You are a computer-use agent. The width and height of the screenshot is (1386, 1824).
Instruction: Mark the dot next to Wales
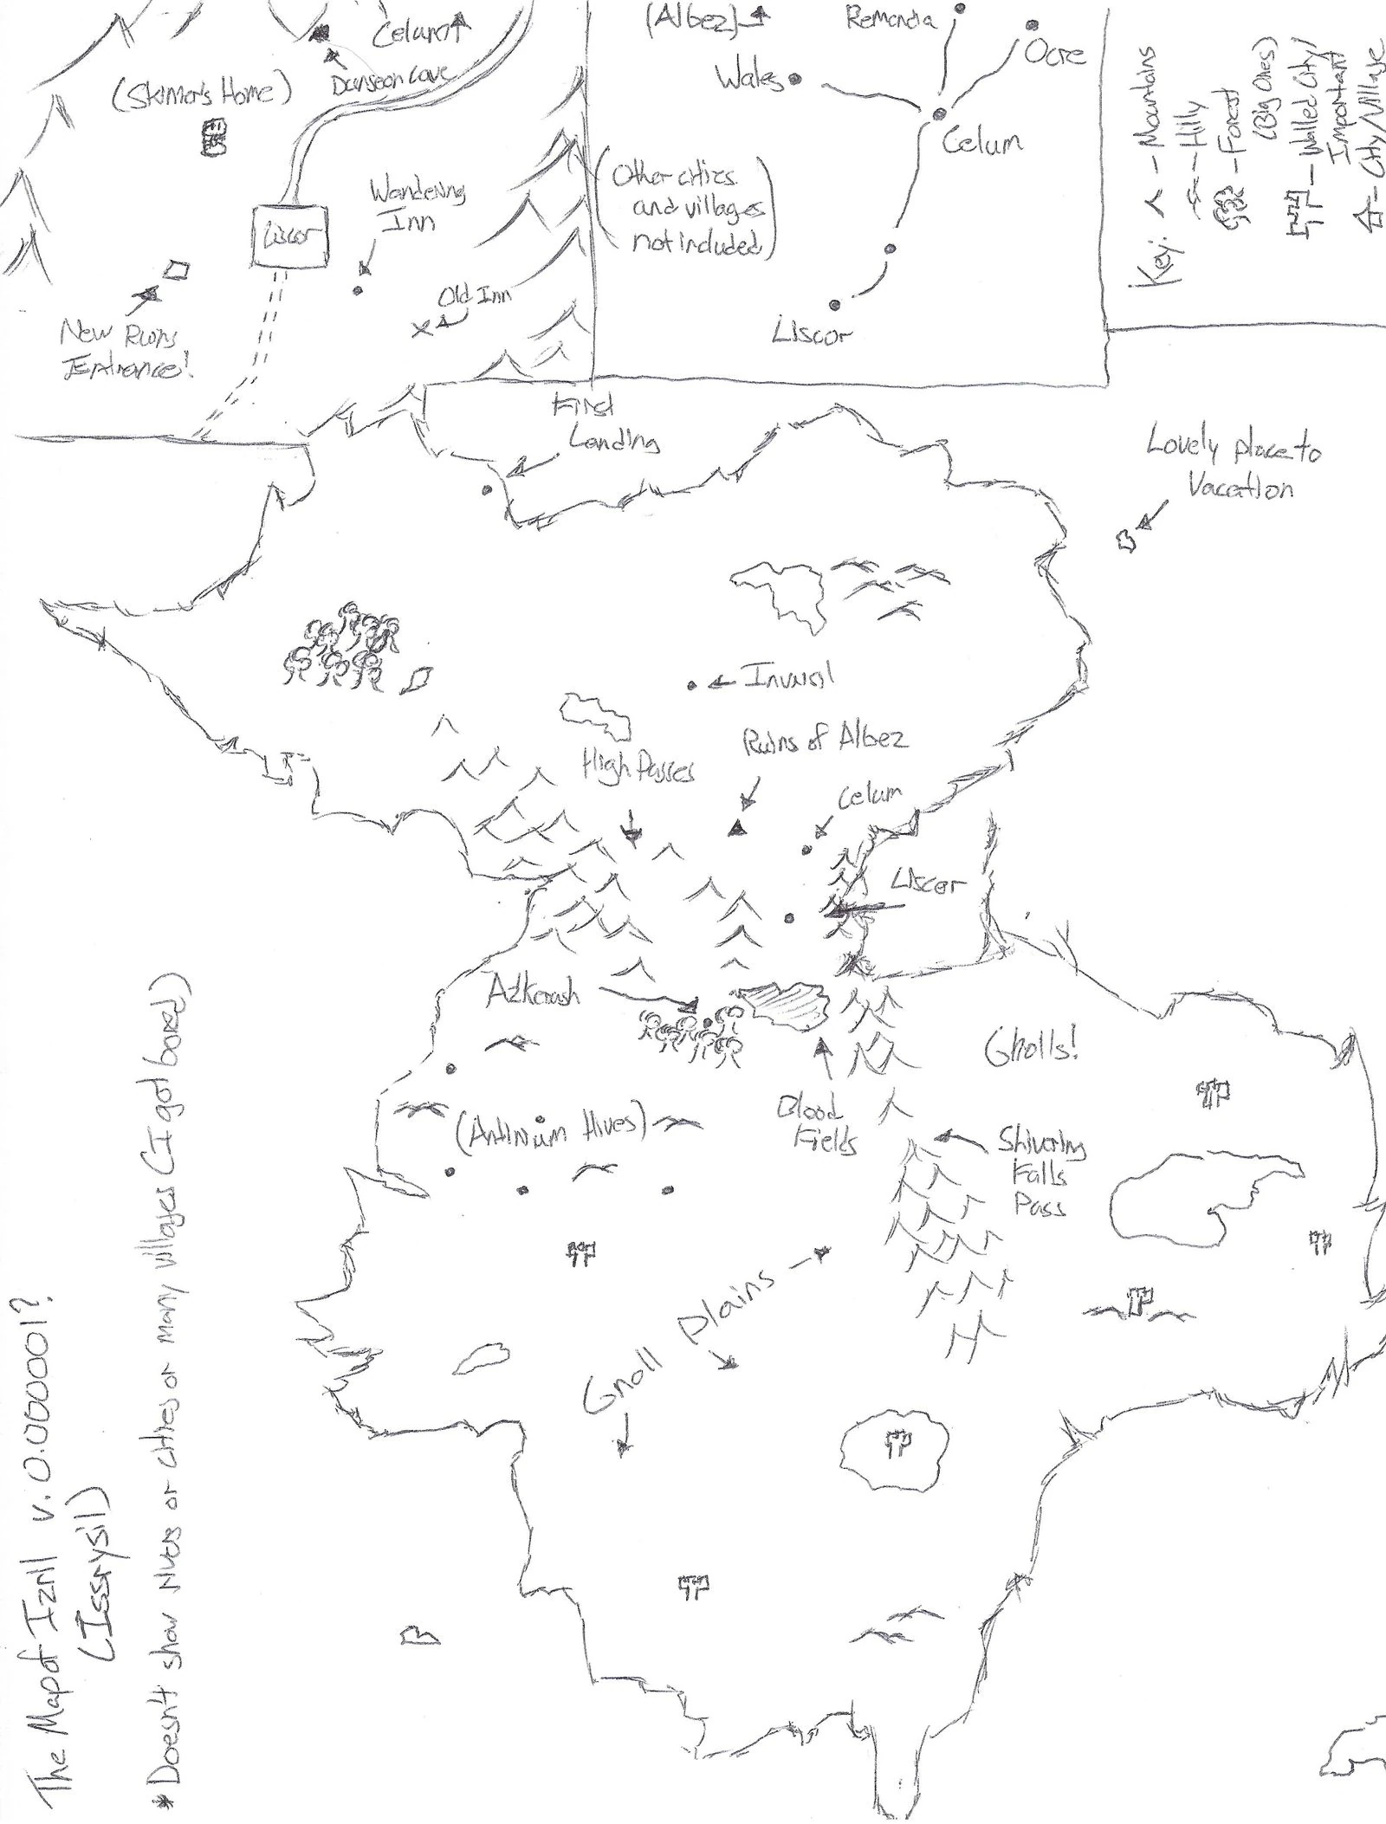(x=793, y=79)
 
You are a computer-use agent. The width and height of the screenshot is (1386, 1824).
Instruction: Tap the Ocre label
(x=1053, y=53)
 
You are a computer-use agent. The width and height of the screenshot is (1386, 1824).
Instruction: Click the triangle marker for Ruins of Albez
(x=737, y=828)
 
